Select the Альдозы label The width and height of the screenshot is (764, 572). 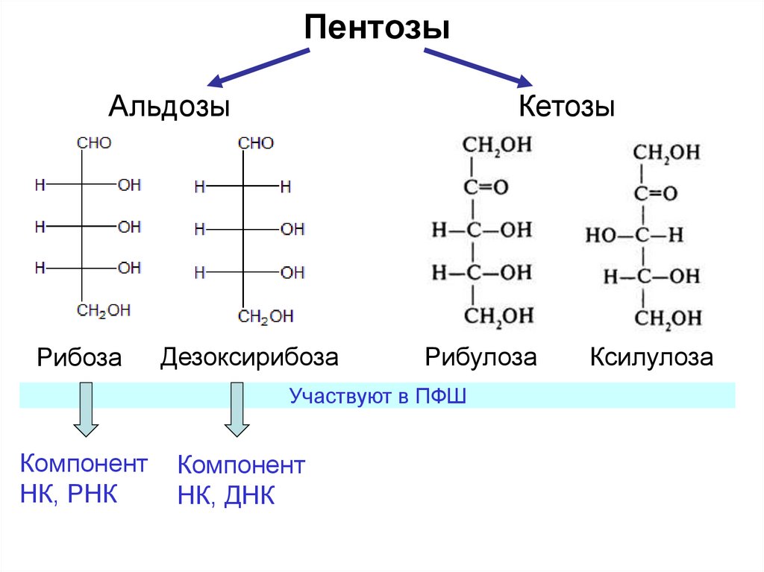point(169,107)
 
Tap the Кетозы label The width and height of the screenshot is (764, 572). point(567,107)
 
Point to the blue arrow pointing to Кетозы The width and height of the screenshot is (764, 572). point(477,67)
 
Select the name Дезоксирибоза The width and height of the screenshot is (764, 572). point(249,357)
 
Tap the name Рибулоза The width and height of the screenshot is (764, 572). point(480,357)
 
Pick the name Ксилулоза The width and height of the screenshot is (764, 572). point(651,357)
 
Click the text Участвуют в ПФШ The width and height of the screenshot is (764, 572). point(378,395)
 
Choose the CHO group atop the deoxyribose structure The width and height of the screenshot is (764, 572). point(256,143)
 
